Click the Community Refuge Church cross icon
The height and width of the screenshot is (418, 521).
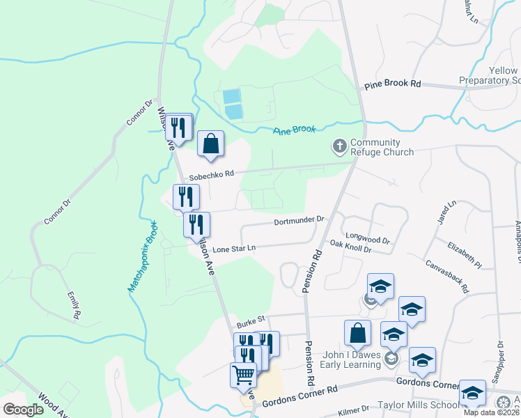339,146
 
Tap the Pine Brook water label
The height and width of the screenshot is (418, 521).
294,130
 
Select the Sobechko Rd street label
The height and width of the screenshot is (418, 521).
212,174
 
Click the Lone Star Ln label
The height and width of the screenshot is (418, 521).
234,249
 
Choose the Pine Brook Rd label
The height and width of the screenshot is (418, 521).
393,84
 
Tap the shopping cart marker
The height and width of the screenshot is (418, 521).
243,374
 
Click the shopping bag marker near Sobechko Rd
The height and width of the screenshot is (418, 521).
210,144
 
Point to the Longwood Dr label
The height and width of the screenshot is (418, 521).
367,238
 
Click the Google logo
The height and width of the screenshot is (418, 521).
24,410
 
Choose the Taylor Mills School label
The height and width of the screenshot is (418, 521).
418,405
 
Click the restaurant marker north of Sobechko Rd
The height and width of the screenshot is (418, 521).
180,127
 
